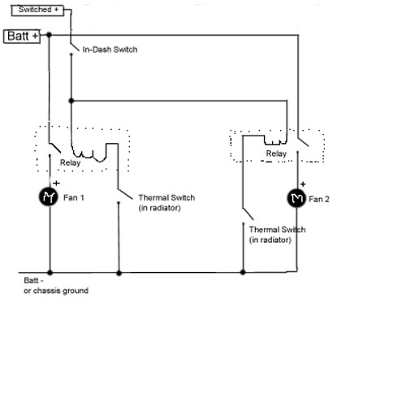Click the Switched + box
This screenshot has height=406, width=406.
pos(37,11)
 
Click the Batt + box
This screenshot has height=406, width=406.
pos(22,37)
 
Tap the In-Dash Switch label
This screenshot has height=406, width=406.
pos(110,50)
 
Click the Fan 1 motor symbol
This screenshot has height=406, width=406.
pos(49,197)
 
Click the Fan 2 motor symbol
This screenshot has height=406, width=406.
pos(296,198)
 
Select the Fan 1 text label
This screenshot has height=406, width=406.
pos(74,197)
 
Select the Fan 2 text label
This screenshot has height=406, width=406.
pos(319,199)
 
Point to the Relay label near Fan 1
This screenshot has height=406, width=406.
pos(71,162)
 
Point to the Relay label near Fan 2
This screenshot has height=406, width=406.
pos(276,153)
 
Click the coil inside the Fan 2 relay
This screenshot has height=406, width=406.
pos(275,142)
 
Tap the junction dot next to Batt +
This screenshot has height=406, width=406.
pos(49,35)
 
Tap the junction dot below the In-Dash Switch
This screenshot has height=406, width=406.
pos(71,101)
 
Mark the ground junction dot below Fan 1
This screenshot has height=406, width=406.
pos(50,272)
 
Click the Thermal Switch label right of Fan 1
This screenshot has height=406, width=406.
pos(166,203)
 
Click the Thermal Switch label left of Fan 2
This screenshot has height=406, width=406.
pos(277,235)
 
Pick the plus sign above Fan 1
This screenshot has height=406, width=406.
pos(56,184)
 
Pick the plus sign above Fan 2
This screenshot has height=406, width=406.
pos(303,184)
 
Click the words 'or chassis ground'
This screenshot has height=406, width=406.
pos(56,291)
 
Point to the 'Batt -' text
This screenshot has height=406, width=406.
pos(33,280)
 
